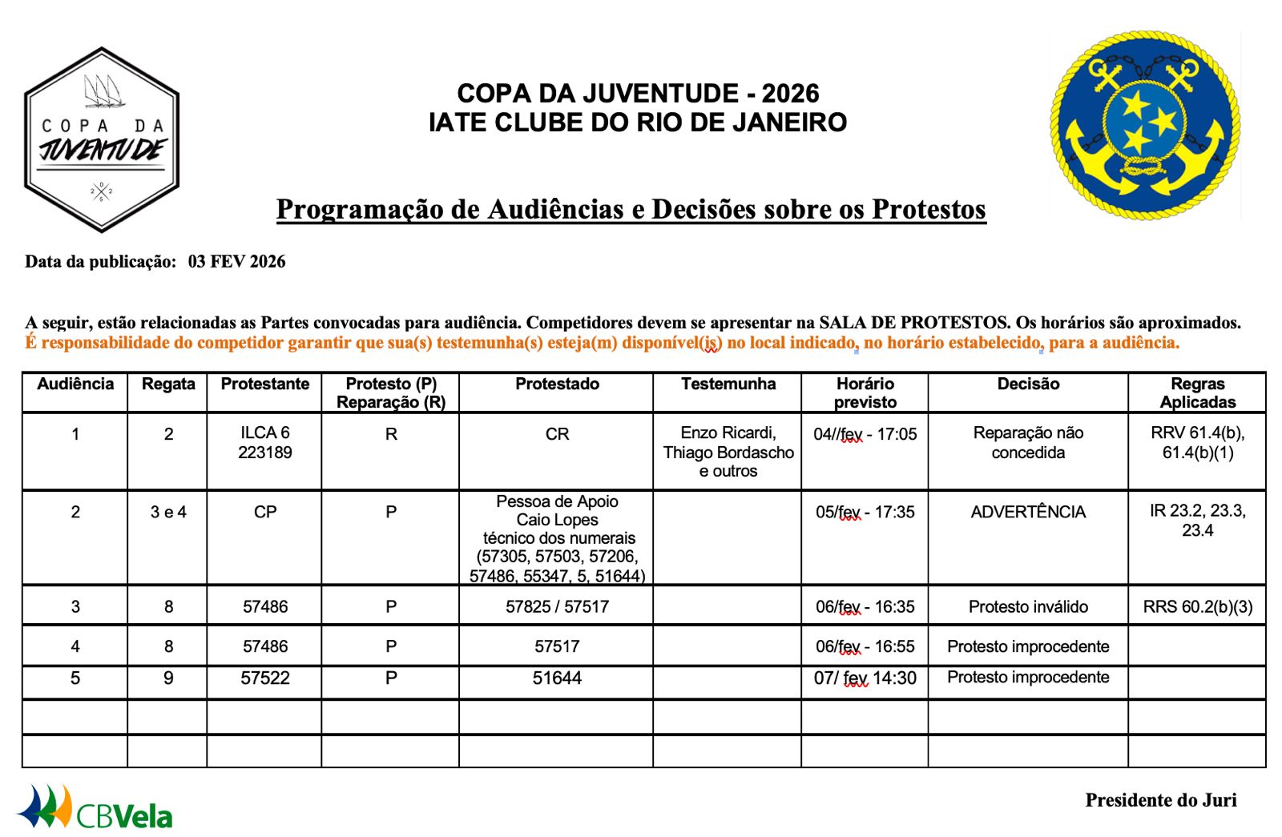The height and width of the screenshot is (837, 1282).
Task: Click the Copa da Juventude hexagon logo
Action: tap(102, 140)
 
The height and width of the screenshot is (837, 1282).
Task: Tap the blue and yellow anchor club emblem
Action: tap(1144, 127)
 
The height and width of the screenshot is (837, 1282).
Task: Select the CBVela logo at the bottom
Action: tap(96, 807)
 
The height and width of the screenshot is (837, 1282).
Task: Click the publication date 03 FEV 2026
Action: tap(236, 262)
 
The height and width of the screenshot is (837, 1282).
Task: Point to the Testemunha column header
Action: tap(728, 384)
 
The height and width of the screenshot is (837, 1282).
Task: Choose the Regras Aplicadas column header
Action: tap(1197, 392)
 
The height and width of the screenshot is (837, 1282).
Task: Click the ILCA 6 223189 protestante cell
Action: tap(264, 443)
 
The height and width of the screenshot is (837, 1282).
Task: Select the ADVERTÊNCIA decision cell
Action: tap(1028, 513)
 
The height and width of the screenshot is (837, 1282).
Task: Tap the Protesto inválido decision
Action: tap(1028, 607)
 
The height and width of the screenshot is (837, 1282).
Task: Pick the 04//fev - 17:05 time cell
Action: tap(865, 435)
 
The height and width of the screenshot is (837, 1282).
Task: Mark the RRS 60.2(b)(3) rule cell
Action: tap(1197, 607)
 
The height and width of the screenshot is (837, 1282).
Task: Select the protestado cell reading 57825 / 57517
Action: tap(557, 607)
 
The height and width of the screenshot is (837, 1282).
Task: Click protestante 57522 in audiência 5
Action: tap(264, 678)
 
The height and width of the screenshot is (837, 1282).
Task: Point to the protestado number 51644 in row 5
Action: tap(557, 678)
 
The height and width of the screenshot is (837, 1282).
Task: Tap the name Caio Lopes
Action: tap(557, 520)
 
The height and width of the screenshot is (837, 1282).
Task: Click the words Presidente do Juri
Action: tap(1160, 800)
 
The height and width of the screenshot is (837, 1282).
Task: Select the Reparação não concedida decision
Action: tap(1028, 443)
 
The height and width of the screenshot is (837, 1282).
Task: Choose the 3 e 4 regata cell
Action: tap(168, 513)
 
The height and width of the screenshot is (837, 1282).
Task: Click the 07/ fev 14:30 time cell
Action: tap(865, 678)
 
